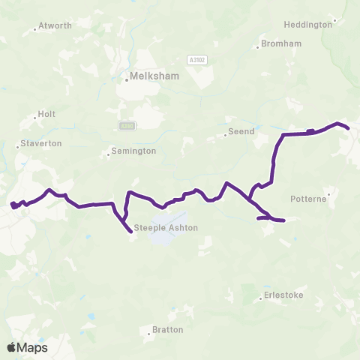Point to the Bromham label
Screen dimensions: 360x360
click(283, 43)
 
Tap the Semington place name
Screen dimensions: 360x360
click(133, 151)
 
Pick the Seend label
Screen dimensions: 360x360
click(242, 131)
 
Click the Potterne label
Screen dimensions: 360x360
click(307, 199)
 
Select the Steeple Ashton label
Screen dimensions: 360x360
click(165, 228)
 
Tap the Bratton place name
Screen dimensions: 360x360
click(167, 328)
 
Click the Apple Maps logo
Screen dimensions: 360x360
click(28, 347)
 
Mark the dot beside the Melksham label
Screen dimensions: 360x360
click(127, 80)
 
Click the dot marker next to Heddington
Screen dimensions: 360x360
click(334, 20)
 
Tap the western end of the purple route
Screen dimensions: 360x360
click(11, 204)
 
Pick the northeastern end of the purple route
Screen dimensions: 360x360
click(349, 129)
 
